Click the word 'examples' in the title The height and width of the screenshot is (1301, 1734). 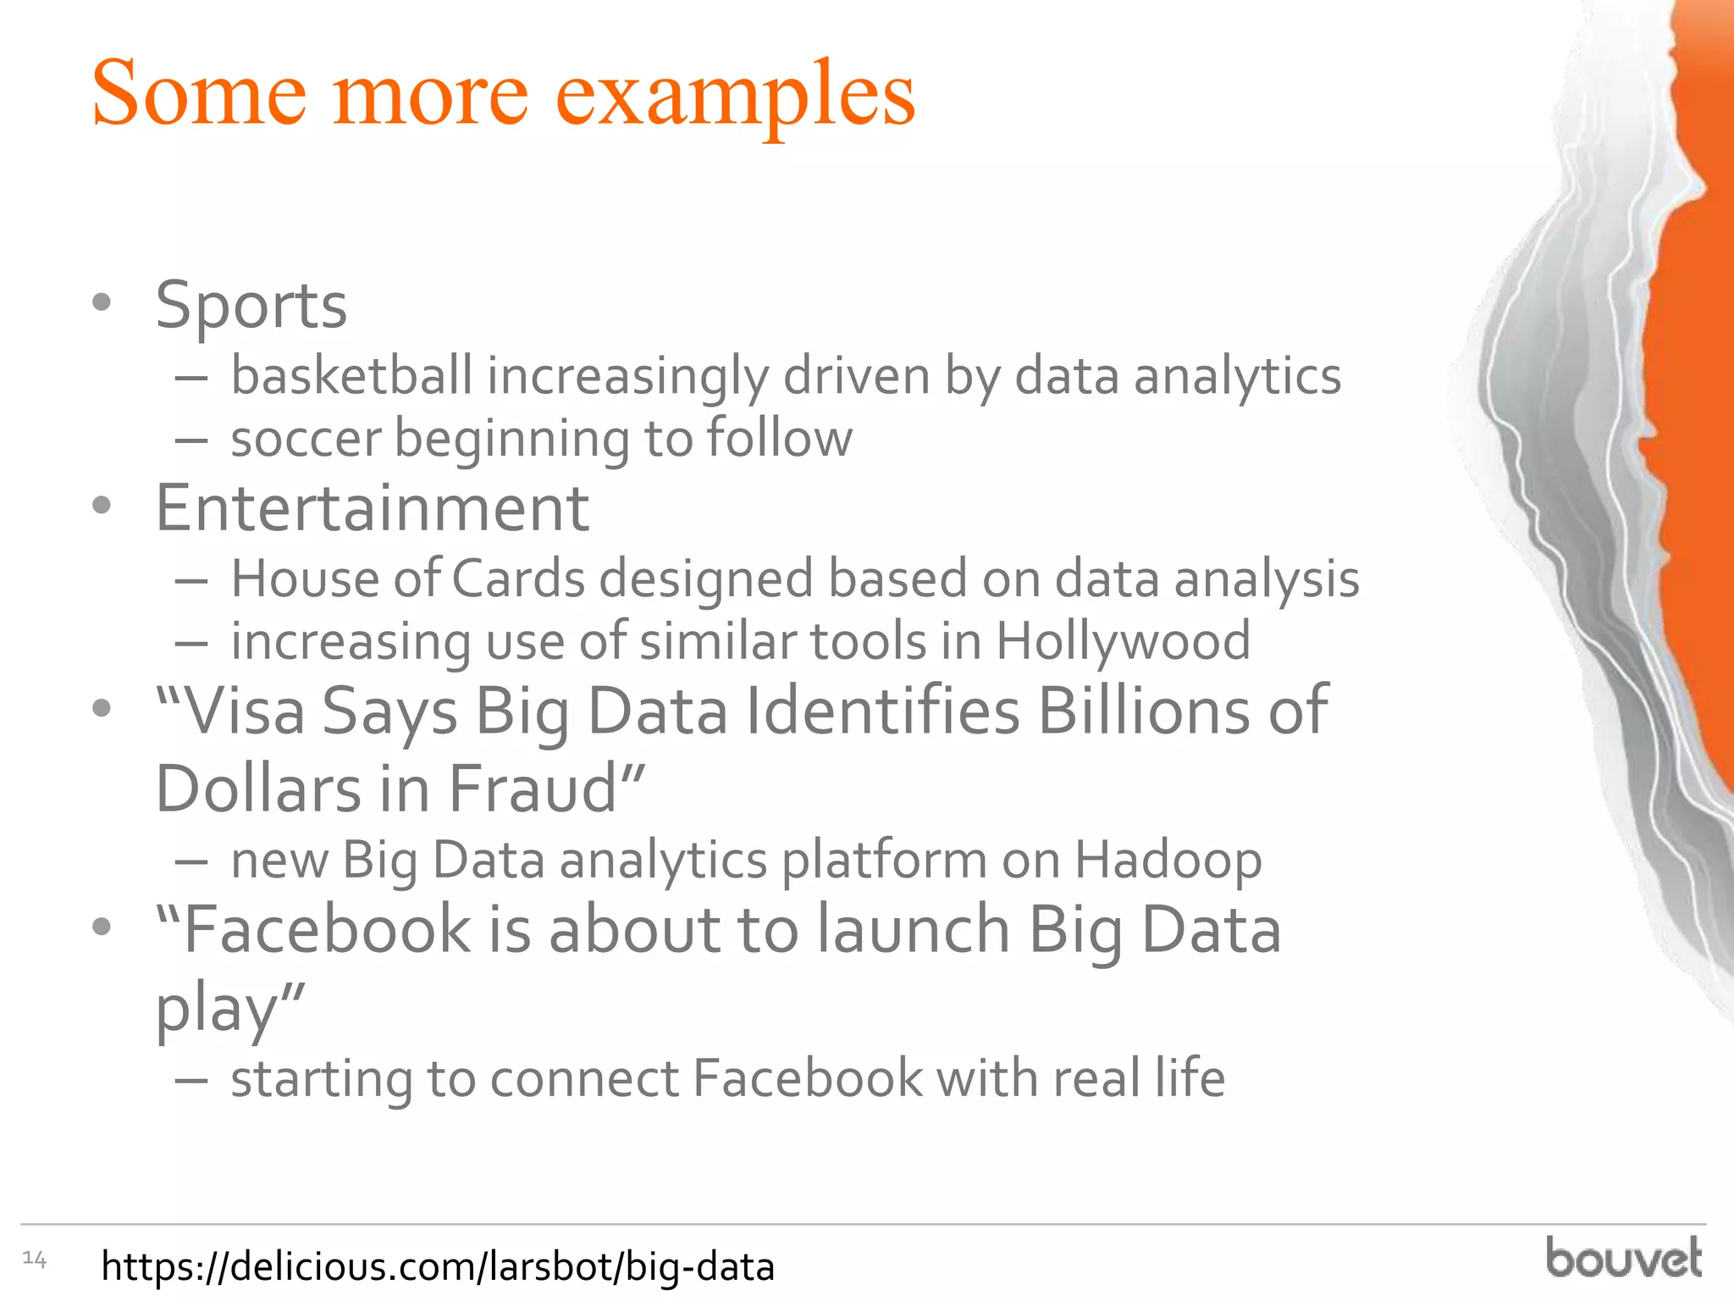[x=734, y=95]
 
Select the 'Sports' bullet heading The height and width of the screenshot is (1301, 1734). [x=251, y=305]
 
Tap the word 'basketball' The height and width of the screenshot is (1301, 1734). [x=351, y=375]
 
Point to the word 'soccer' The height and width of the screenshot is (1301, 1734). [x=306, y=439]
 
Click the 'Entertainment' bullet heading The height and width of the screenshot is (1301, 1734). [x=372, y=508]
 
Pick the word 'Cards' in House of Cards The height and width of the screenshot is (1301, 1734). [x=518, y=579]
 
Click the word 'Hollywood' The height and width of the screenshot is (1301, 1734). [x=1123, y=641]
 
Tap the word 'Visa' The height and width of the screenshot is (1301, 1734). [x=244, y=711]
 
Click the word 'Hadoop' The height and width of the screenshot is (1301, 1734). [x=1168, y=861]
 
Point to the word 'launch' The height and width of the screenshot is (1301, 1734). [x=914, y=930]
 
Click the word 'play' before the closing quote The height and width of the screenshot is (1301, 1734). [x=217, y=1008]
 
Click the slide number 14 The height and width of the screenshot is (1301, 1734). [x=34, y=1259]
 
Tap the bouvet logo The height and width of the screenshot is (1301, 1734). [x=1623, y=1259]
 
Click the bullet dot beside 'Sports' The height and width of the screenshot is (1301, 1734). [x=102, y=302]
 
